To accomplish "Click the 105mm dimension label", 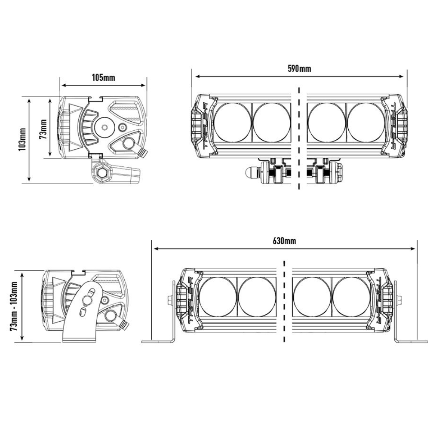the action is pyautogui.click(x=103, y=77).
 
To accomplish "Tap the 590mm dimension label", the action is pyautogui.click(x=299, y=68).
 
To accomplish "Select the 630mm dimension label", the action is pyautogui.click(x=284, y=241).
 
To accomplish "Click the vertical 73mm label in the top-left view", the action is pyautogui.click(x=43, y=129).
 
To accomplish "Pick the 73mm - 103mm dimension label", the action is pyautogui.click(x=14, y=306).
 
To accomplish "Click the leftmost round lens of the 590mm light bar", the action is pyautogui.click(x=232, y=123).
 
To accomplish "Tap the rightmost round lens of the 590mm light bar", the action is pyautogui.click(x=366, y=123).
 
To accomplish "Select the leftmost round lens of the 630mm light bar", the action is pyautogui.click(x=218, y=297).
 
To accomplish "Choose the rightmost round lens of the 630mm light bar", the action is pyautogui.click(x=352, y=297).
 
